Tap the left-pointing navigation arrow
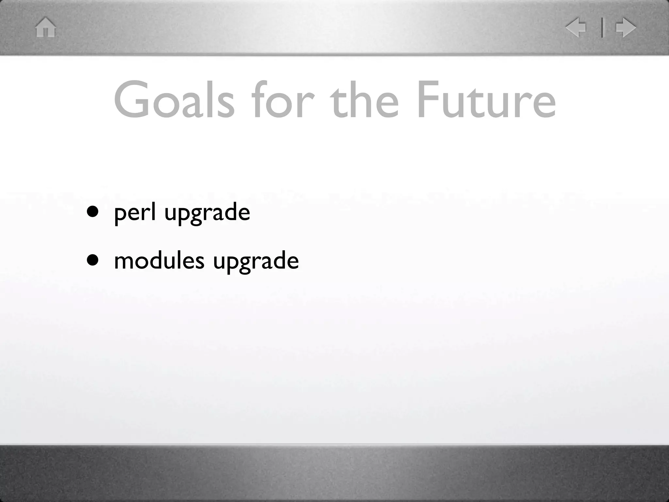pyautogui.click(x=576, y=27)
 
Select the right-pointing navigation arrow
pyautogui.click(x=626, y=27)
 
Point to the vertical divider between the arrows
pyautogui.click(x=602, y=27)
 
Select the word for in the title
pyautogui.click(x=283, y=100)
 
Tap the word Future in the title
pyautogui.click(x=486, y=100)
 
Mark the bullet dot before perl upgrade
pyautogui.click(x=93, y=212)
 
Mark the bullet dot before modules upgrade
pyautogui.click(x=93, y=260)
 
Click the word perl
pyautogui.click(x=135, y=212)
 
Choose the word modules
pyautogui.click(x=159, y=261)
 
